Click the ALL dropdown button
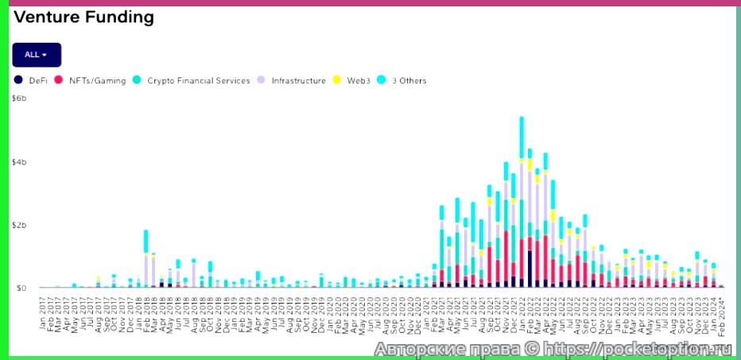(x=37, y=54)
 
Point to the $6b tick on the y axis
(x=20, y=99)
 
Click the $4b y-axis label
(x=20, y=162)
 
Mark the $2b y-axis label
(x=20, y=225)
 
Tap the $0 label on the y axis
(x=21, y=288)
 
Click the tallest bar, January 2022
(x=522, y=203)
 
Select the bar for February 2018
(x=146, y=258)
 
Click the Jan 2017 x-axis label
(x=42, y=312)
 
